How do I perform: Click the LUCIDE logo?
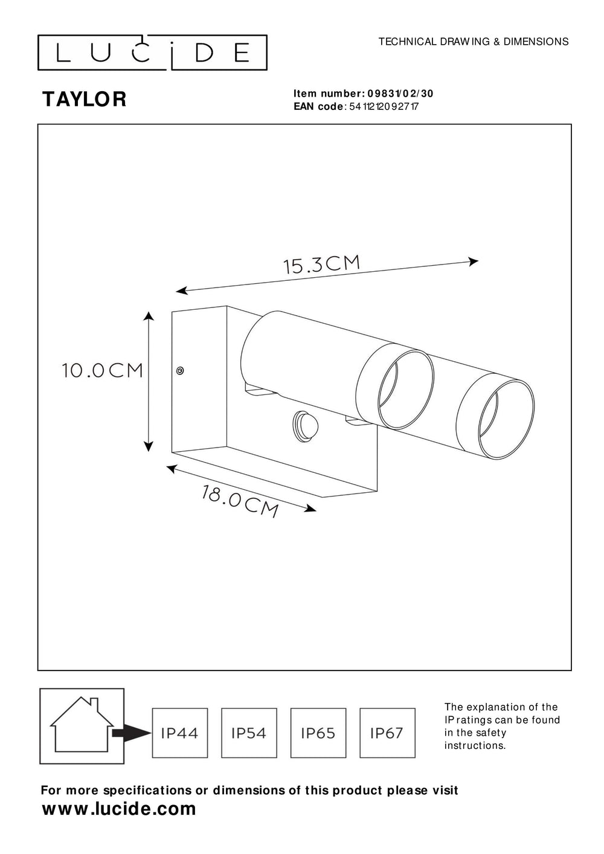point(152,53)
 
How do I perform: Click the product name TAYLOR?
point(84,100)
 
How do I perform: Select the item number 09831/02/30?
point(400,94)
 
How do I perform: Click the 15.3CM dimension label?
point(322,265)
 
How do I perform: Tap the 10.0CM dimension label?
point(102,370)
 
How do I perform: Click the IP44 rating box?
point(179,733)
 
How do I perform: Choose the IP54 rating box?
point(249,733)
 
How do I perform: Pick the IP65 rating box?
point(318,733)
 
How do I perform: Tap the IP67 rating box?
point(387,733)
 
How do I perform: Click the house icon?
point(82,724)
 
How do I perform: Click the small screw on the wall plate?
point(179,371)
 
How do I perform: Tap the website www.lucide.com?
point(119,809)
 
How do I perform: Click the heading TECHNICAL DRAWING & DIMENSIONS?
point(473,42)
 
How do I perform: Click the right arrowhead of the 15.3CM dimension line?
point(475,262)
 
